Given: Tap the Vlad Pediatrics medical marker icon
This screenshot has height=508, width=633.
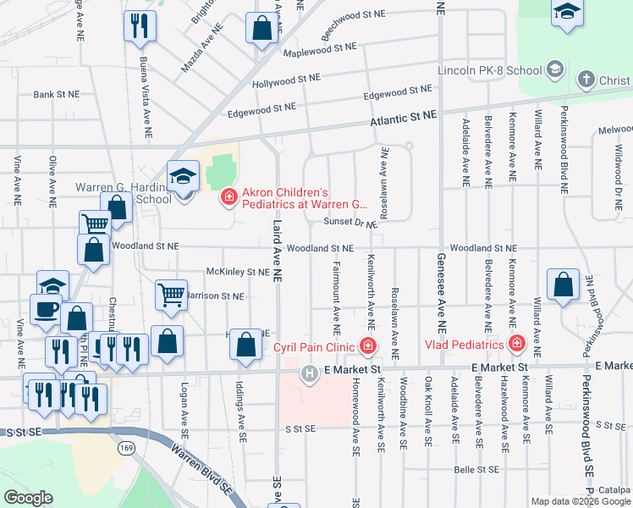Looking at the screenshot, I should (x=515, y=344).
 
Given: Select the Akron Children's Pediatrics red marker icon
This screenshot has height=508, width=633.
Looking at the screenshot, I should (x=228, y=197).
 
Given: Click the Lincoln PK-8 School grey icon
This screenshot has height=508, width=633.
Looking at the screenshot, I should (x=556, y=69).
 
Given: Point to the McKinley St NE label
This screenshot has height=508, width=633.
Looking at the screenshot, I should (x=237, y=273).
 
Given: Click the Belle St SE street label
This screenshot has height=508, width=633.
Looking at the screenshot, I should (x=476, y=467).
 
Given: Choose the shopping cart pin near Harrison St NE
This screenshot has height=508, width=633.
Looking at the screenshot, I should (x=172, y=295).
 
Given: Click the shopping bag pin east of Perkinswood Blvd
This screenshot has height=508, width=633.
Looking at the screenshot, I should (x=563, y=286).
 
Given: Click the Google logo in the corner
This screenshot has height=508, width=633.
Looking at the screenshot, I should (x=28, y=498).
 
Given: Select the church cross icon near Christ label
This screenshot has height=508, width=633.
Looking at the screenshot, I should (x=586, y=80).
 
